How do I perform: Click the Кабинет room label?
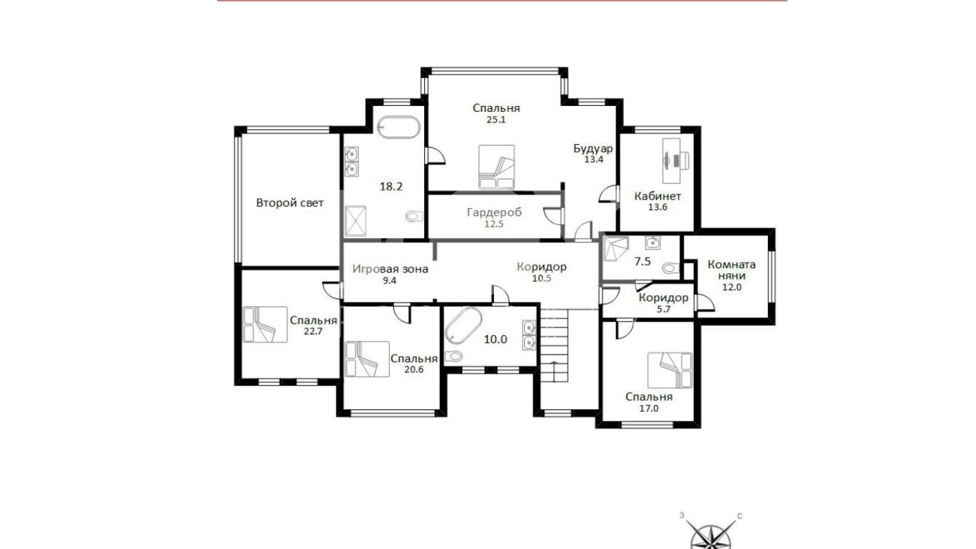coord(658,196)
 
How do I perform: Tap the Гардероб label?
coord(494,213)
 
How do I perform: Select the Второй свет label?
coord(290,203)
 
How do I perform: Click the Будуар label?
coord(593,149)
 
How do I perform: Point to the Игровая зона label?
coord(390,270)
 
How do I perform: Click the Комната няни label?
coord(731,270)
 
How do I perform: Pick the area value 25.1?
coord(496,119)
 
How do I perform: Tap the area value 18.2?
coord(391,186)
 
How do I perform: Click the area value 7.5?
coord(643,261)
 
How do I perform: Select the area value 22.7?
coord(313,331)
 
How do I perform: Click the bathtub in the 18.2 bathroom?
coord(398,127)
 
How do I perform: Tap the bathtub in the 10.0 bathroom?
coord(463,326)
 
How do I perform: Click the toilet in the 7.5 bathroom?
coord(670,267)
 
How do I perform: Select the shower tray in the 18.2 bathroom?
coord(355,221)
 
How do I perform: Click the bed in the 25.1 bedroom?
coord(496,167)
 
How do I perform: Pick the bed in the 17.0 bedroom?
coord(670,370)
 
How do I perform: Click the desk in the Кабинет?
coord(671,161)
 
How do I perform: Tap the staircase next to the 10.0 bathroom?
coord(554,345)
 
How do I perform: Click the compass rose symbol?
coord(712,534)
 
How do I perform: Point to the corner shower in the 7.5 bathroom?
coord(615,249)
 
